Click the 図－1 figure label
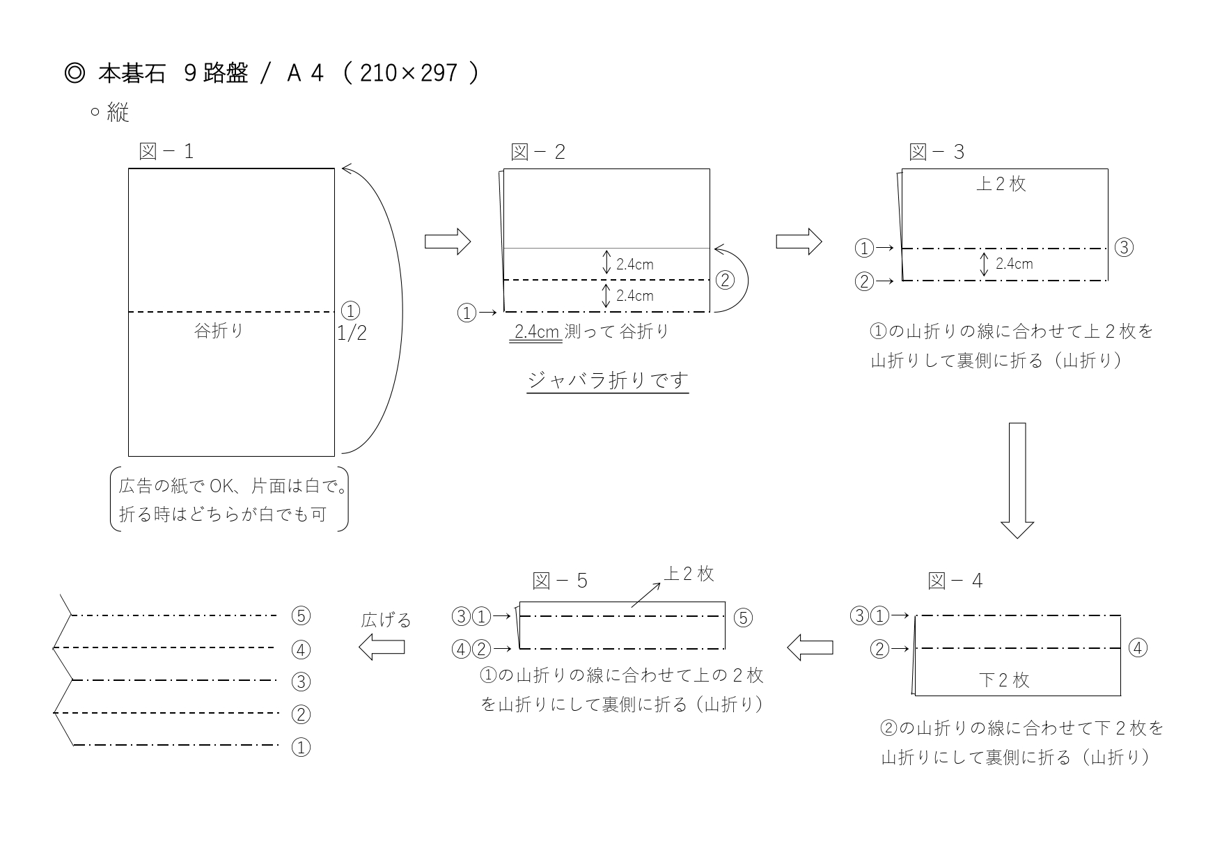[x=166, y=151]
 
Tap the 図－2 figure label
[x=538, y=152]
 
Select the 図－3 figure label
[x=937, y=152]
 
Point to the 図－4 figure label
[x=955, y=581]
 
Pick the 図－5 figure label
[x=561, y=581]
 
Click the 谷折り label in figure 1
[x=219, y=331]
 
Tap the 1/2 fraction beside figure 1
[x=352, y=333]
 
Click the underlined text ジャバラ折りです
[x=608, y=380]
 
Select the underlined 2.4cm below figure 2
[x=537, y=331]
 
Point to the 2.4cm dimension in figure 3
[x=1015, y=264]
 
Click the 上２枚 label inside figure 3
[x=1001, y=184]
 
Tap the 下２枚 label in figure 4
[x=1004, y=680]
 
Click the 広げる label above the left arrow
[x=386, y=620]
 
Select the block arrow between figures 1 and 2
[x=448, y=242]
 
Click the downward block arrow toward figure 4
[x=1017, y=480]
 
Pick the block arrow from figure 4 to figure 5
[x=810, y=647]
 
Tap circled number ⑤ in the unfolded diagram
[x=301, y=615]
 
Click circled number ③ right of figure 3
[x=1124, y=247]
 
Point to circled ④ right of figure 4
[x=1137, y=647]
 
